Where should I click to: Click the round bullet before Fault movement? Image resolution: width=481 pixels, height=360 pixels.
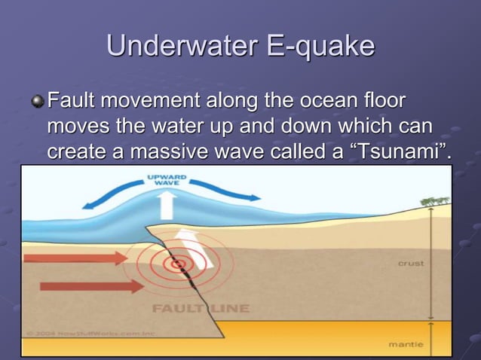37,102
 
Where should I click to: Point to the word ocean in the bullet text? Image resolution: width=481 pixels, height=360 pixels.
325,100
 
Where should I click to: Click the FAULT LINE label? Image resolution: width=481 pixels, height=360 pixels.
201,308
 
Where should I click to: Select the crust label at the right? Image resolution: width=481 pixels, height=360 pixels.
411,264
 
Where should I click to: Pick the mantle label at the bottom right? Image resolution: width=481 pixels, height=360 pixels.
406,344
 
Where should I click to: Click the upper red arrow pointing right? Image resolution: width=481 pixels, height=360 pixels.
75,258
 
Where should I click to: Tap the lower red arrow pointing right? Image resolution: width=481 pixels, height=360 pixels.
90,286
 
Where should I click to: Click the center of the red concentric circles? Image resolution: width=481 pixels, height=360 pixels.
179,264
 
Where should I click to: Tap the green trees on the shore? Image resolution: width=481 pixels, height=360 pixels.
435,200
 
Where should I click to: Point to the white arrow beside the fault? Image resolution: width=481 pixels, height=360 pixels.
194,249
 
